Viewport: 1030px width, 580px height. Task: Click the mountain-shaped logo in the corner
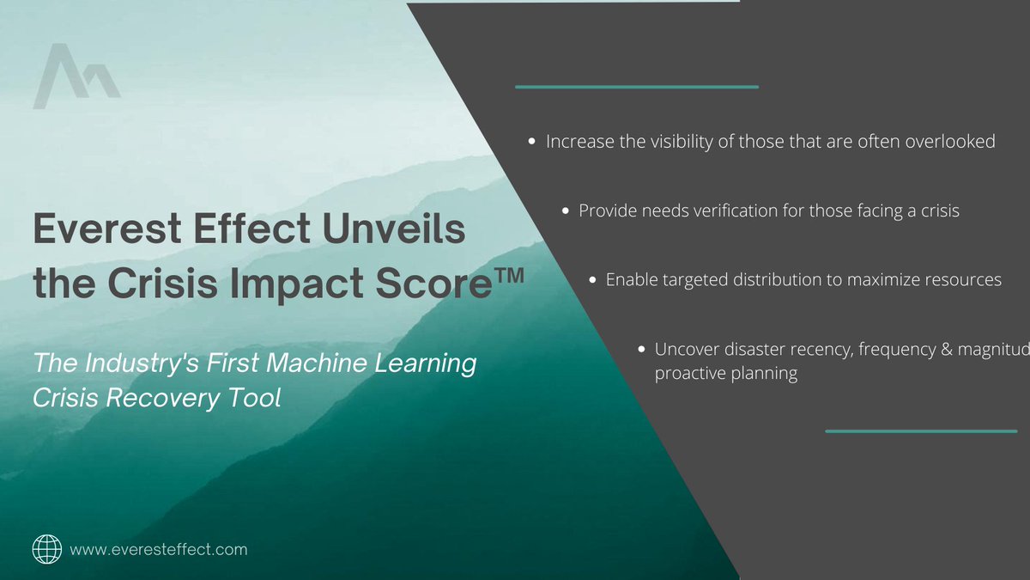pos(76,77)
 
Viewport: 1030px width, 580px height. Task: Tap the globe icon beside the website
pos(46,548)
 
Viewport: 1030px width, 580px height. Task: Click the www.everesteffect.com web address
pos(158,548)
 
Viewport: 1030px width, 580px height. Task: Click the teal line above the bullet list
pos(636,87)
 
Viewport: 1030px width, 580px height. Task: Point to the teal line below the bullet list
pos(921,430)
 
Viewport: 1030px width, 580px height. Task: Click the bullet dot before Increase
pos(533,142)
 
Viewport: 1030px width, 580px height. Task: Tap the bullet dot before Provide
pos(566,211)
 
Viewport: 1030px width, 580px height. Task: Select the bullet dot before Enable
pos(593,280)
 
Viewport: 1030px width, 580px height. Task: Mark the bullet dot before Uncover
pos(642,350)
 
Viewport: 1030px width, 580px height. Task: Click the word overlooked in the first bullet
pos(949,142)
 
